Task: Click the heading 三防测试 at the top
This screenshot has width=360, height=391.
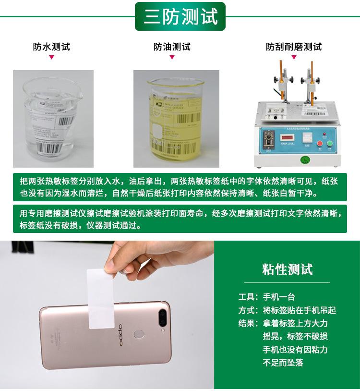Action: click(x=180, y=16)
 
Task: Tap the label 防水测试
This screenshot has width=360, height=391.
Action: click(x=51, y=47)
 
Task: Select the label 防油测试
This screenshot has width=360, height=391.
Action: click(x=172, y=47)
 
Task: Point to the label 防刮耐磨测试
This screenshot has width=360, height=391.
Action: click(x=294, y=47)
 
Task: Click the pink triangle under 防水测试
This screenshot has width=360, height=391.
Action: click(x=51, y=58)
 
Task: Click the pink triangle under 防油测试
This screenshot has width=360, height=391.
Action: click(x=172, y=58)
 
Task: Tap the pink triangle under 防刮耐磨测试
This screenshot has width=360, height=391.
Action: click(x=294, y=58)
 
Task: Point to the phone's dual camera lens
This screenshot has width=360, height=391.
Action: click(x=163, y=316)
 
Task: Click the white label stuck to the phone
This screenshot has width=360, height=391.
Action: click(x=101, y=298)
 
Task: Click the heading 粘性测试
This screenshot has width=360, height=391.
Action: click(x=288, y=269)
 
